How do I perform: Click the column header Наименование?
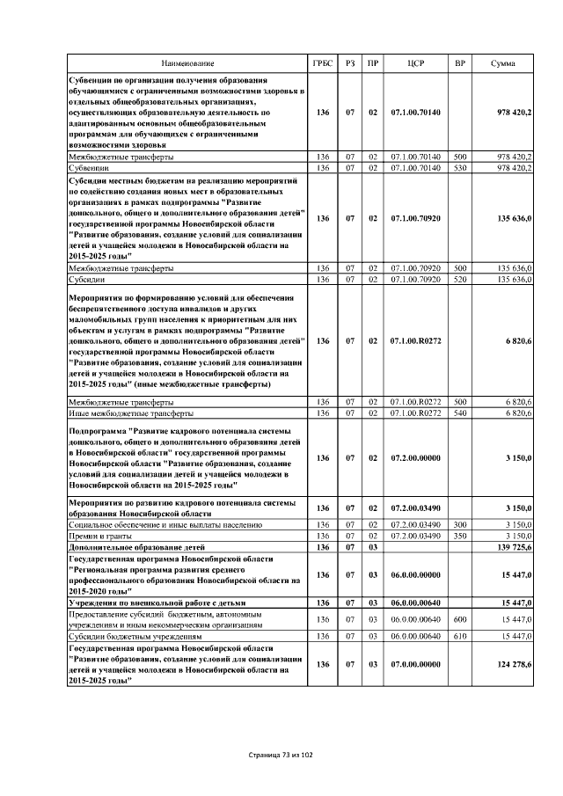(186, 64)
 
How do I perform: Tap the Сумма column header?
(502, 64)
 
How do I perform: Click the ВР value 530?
(459, 167)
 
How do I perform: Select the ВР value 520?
(459, 279)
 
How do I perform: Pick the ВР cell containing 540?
(459, 413)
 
